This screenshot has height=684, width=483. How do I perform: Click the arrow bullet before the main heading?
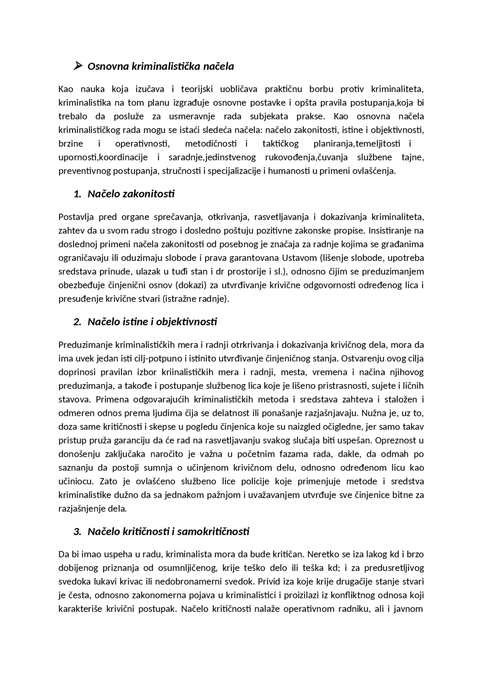pos(78,66)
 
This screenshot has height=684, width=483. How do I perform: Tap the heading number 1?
pos(77,194)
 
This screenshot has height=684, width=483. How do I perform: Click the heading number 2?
pos(77,322)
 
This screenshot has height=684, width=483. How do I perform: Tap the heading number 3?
pos(77,532)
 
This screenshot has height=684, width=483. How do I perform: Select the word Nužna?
pos(377,413)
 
